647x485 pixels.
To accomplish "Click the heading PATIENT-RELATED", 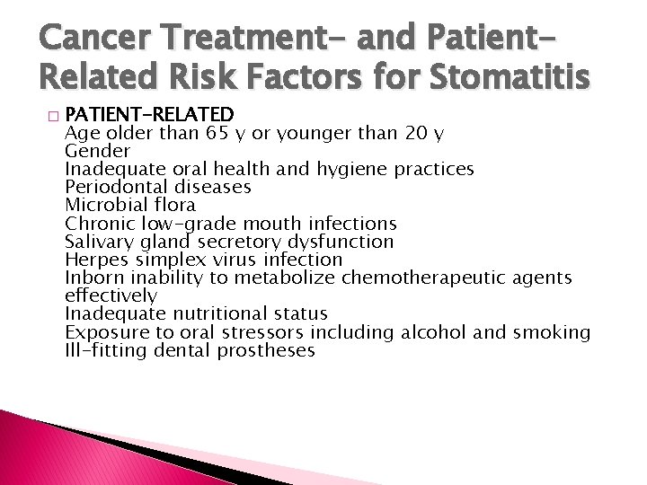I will tap(150, 115).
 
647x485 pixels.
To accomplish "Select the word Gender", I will tap(95, 151).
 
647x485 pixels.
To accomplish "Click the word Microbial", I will tap(103, 205).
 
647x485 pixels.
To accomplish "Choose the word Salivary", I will tap(99, 242).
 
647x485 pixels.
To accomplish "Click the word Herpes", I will tap(95, 260).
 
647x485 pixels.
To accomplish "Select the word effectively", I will tap(111, 295).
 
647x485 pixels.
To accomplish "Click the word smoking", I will tap(551, 332).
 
